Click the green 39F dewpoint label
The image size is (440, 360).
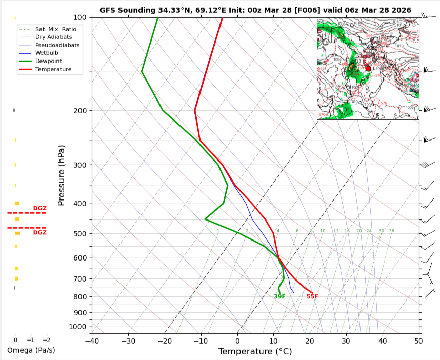pos(279,296)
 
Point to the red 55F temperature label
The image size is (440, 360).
pos(312,296)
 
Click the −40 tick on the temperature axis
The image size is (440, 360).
pos(92,340)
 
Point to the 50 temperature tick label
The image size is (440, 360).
pos(419,340)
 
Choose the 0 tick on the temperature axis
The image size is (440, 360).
pos(237,340)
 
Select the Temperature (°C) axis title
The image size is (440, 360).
pos(255,351)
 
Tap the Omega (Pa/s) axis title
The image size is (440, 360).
pos(31,350)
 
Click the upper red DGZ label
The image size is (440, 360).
pos(39,208)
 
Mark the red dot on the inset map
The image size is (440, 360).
pos(368,68)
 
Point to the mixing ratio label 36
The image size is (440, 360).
pos(391,231)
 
